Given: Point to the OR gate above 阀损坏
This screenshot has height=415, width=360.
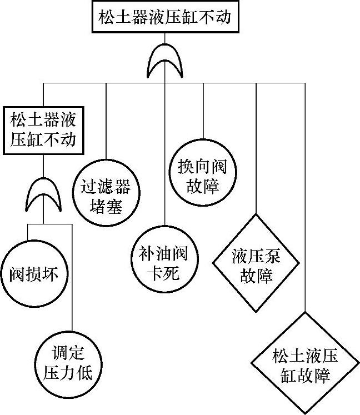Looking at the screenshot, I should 43,195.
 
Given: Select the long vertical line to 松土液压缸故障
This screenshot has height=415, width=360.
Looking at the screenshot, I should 305,194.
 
